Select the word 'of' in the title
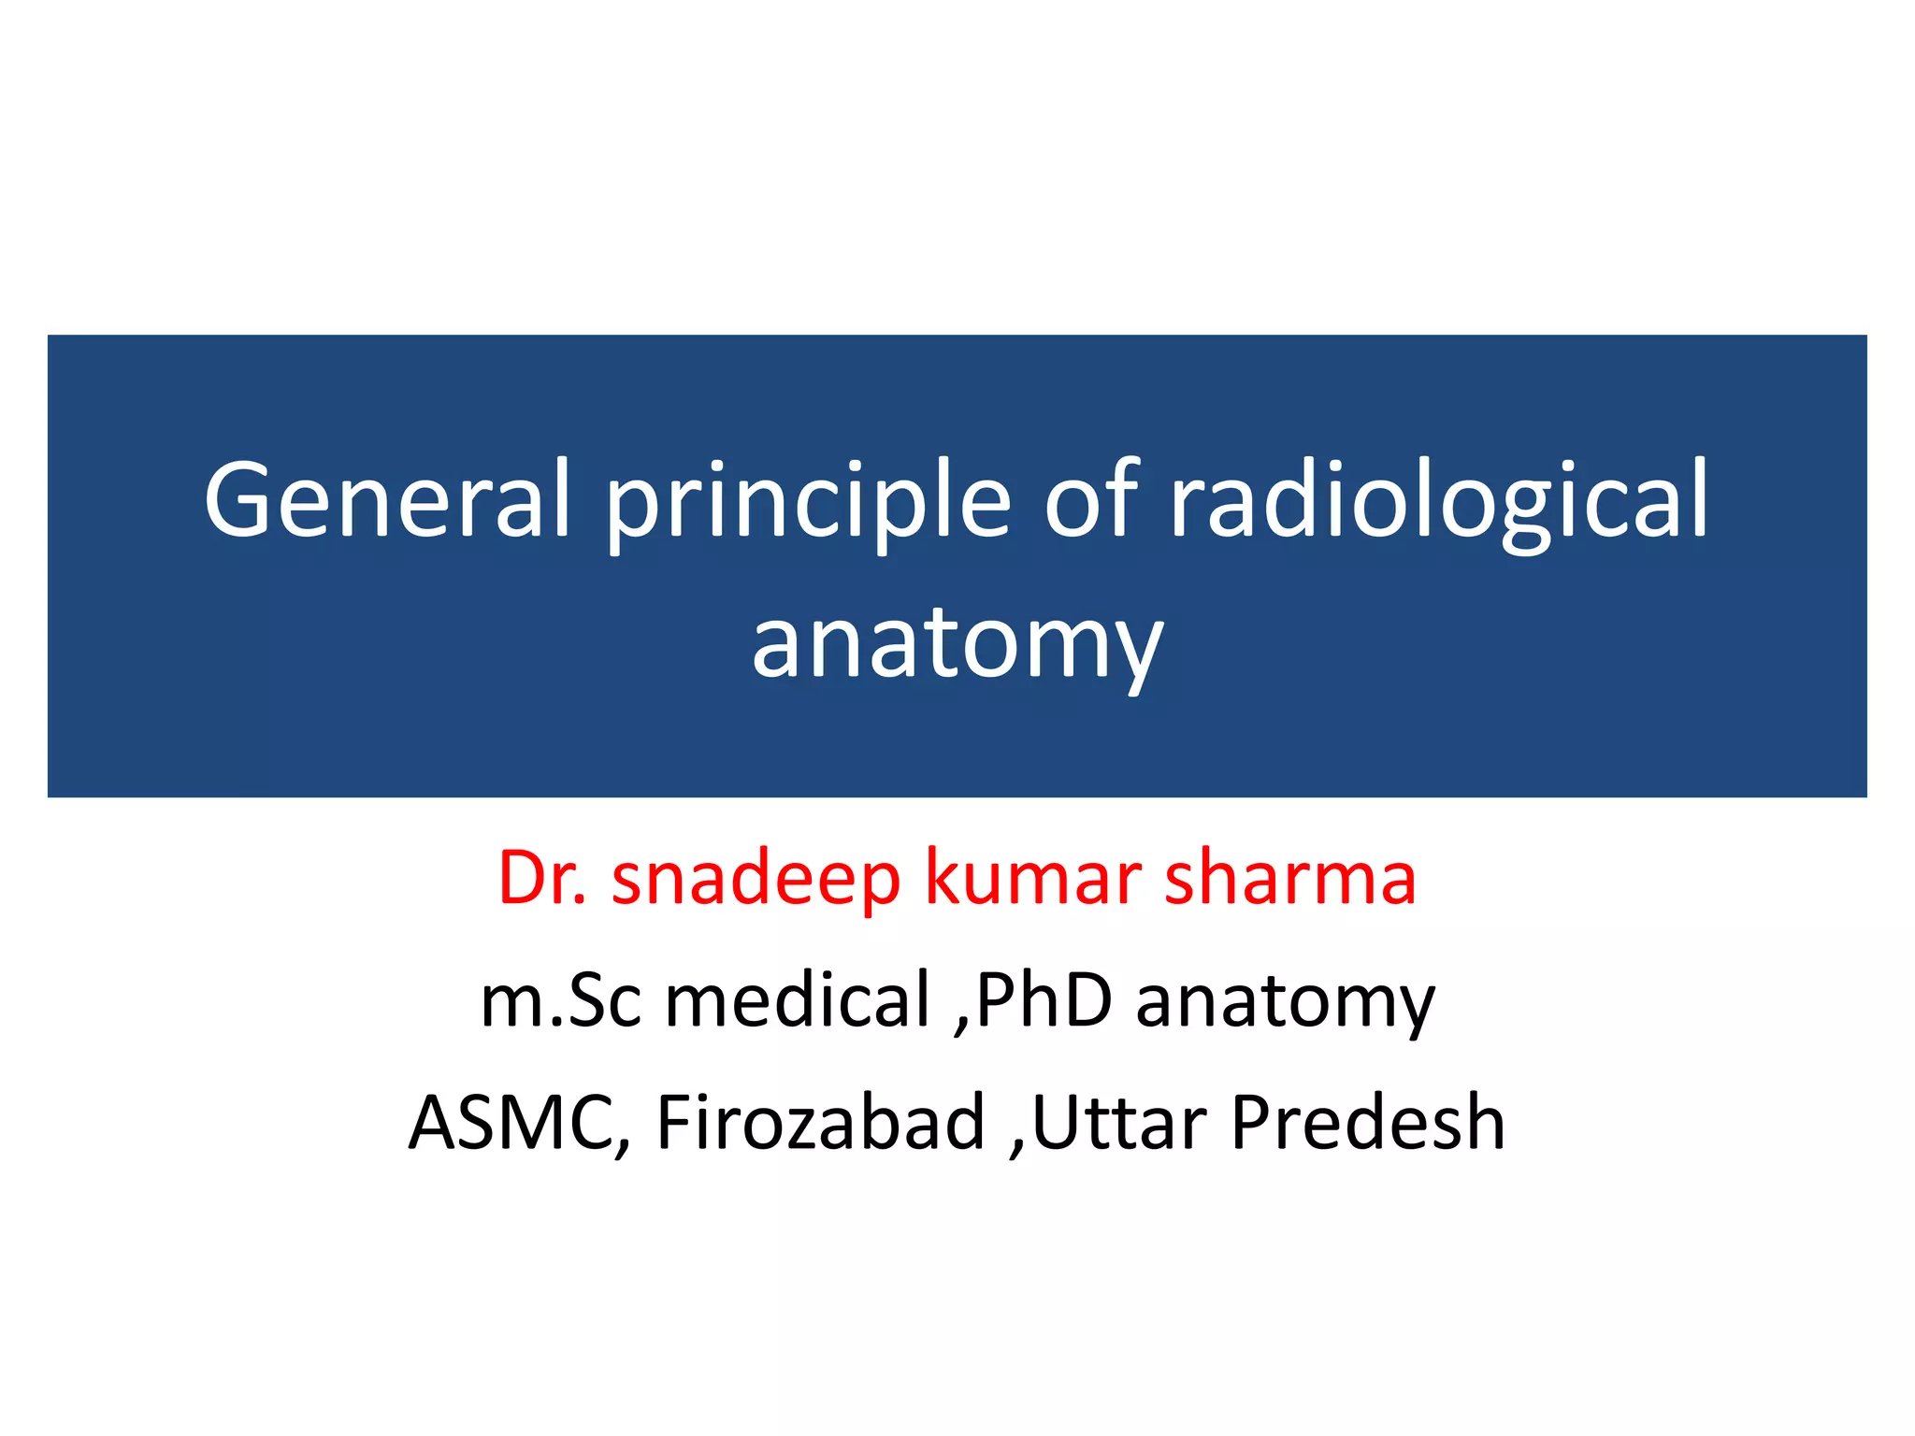coord(1090,500)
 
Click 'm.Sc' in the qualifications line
coord(561,1000)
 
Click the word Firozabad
coord(821,1122)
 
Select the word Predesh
coord(1367,1122)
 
